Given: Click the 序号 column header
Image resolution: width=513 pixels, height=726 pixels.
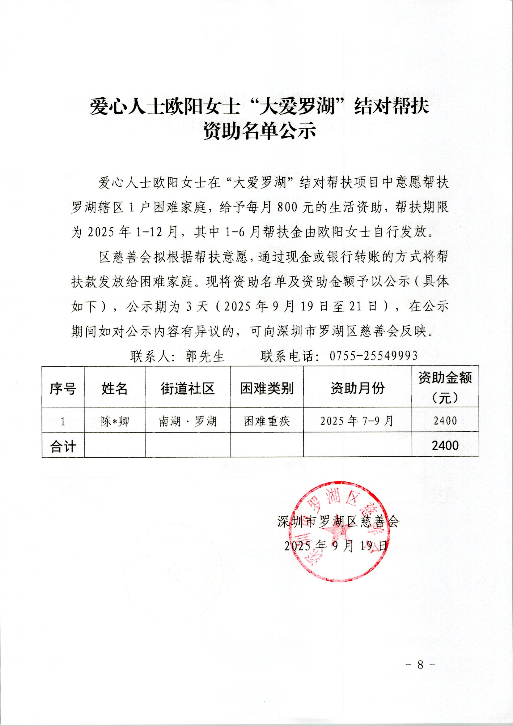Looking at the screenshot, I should [x=63, y=388].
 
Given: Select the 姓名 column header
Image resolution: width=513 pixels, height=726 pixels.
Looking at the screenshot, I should [x=114, y=388].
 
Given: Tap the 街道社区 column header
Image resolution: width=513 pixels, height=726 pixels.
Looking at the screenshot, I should [x=188, y=388].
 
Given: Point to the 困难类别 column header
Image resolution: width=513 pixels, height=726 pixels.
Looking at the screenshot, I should [x=267, y=388].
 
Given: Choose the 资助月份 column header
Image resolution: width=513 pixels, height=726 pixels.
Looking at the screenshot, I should [x=358, y=388].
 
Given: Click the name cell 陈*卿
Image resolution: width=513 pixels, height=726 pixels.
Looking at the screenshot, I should [x=115, y=421].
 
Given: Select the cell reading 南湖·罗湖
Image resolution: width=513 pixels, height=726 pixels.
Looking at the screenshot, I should [x=188, y=421].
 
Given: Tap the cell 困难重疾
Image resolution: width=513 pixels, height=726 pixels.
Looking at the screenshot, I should [x=267, y=421].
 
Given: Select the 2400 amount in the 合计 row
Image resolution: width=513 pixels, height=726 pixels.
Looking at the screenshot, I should [x=445, y=446].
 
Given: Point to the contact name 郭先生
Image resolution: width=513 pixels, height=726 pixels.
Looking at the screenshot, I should [x=205, y=357].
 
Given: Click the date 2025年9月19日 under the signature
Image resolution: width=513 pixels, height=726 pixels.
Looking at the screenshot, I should [x=336, y=546].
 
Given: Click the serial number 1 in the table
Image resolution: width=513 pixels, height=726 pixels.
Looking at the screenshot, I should [x=63, y=421].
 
